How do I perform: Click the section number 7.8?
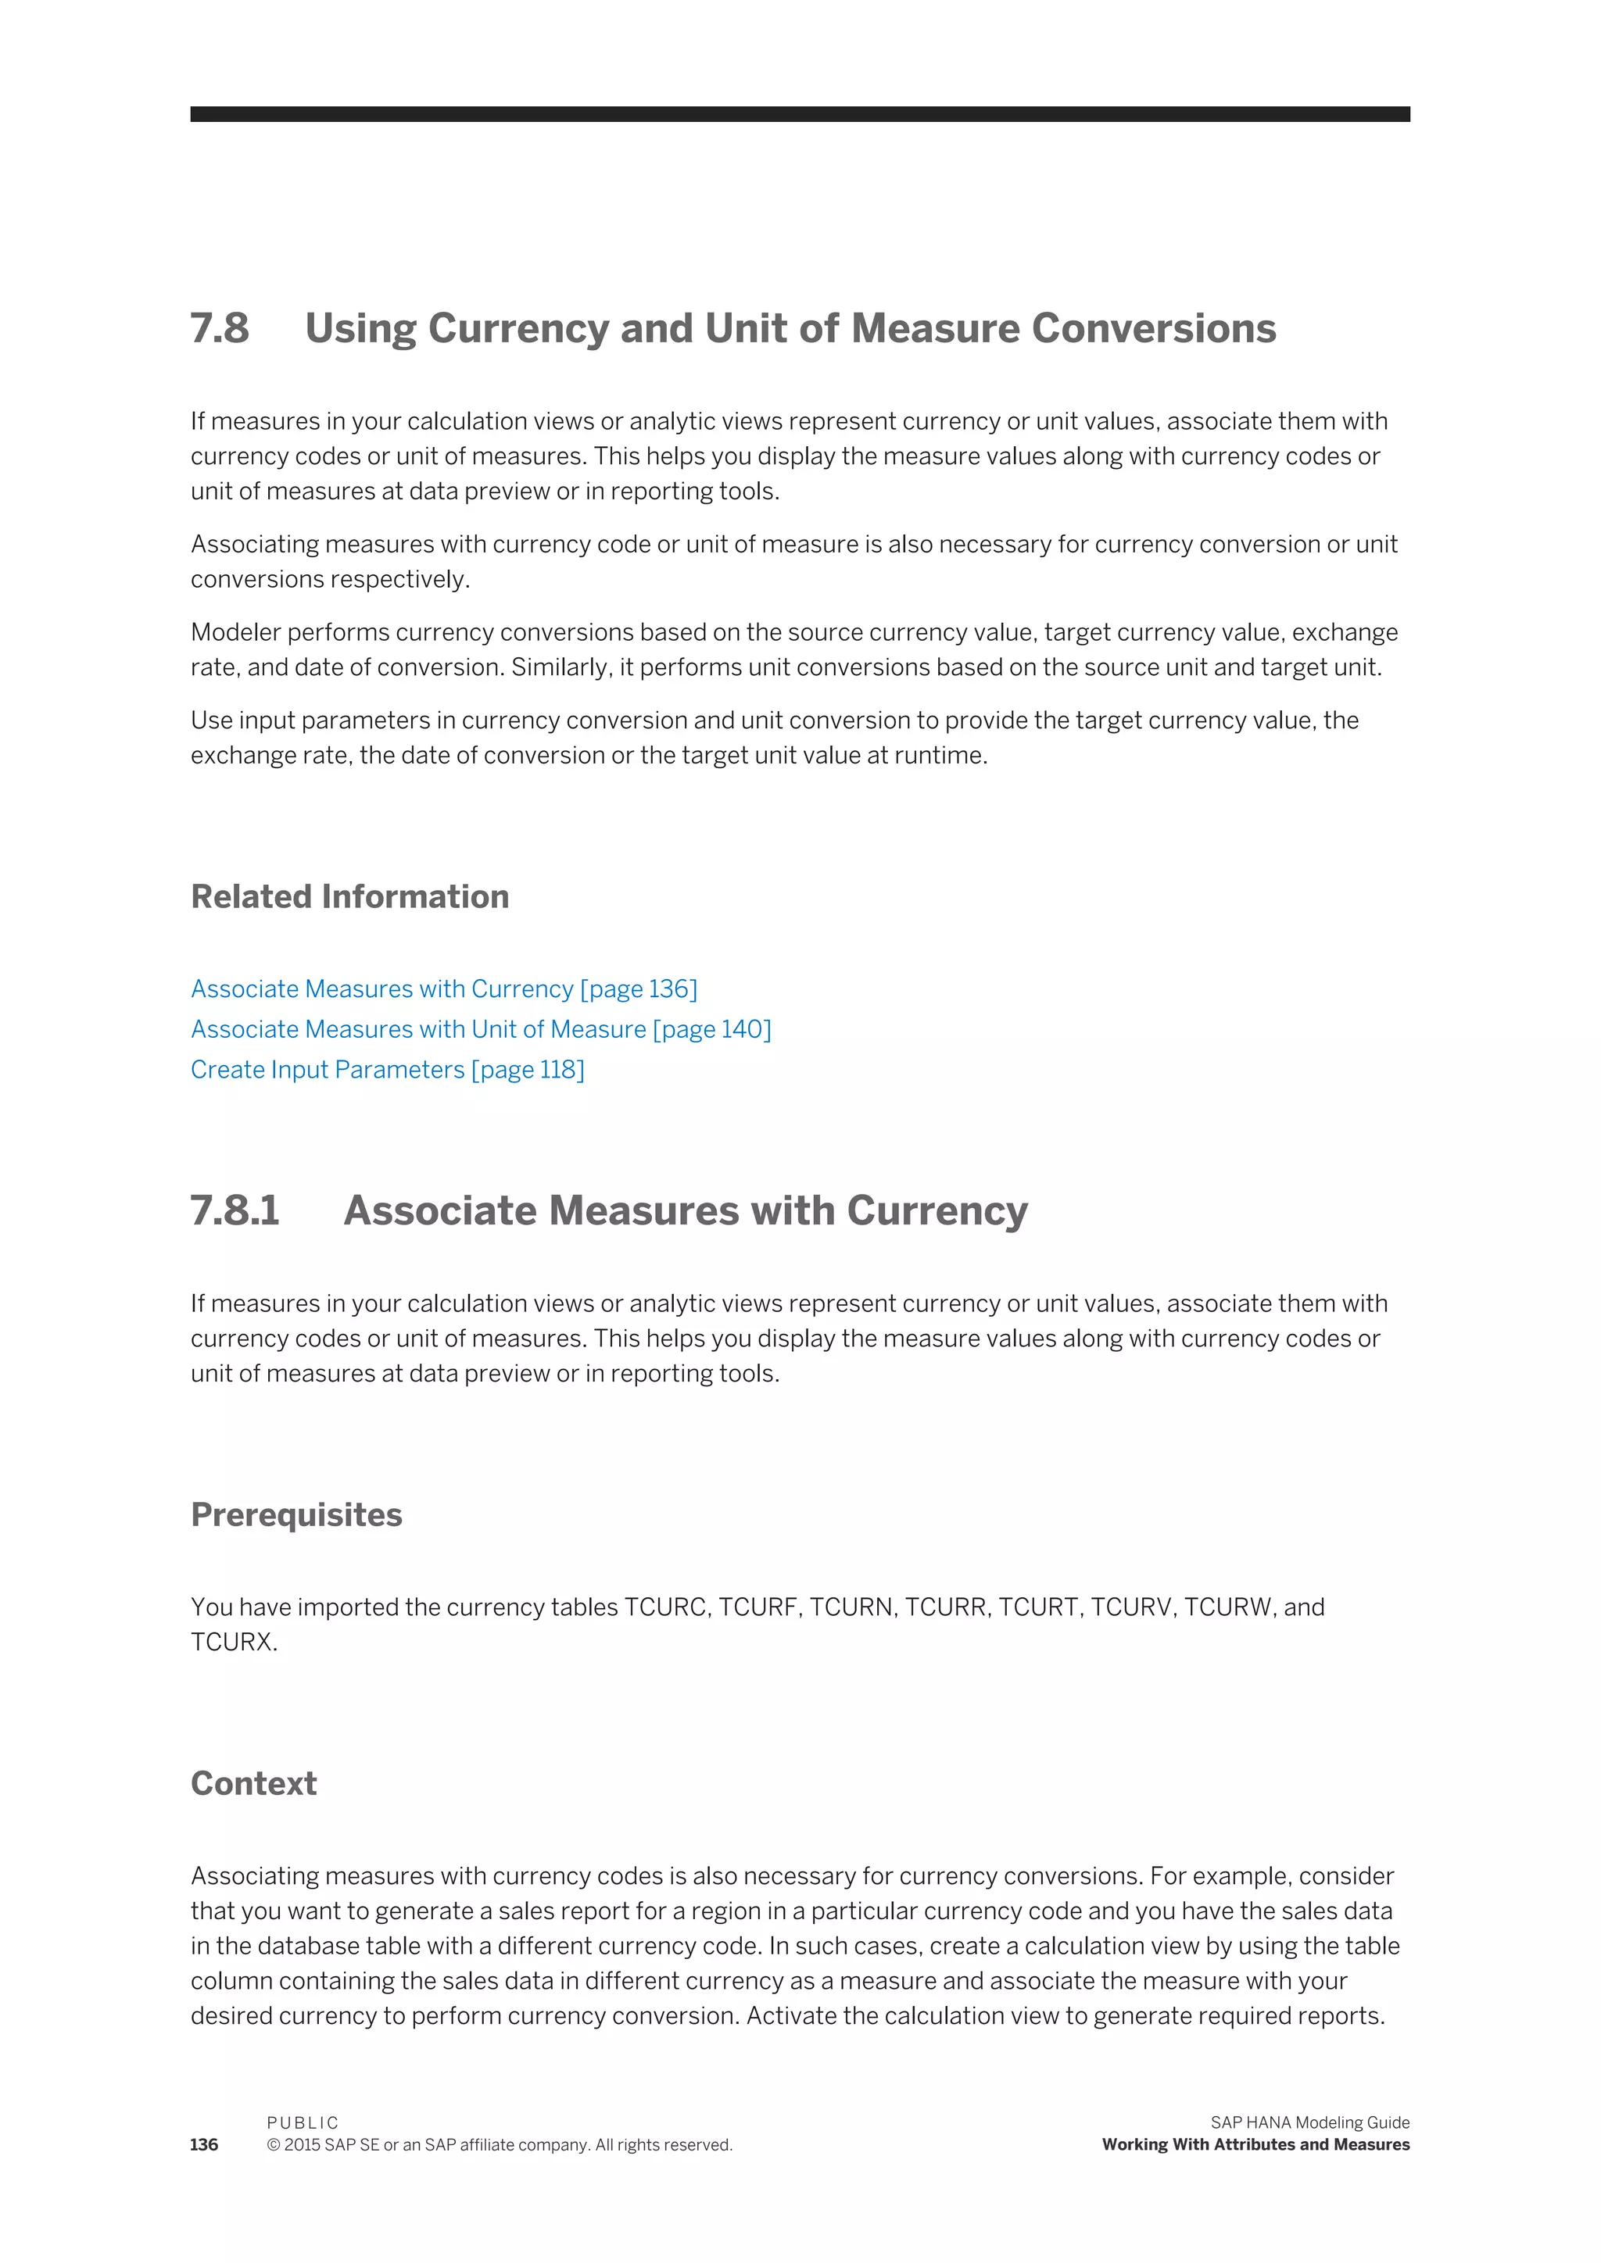coord(219,328)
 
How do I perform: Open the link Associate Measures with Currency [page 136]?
coord(443,988)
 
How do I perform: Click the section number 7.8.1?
coord(235,1210)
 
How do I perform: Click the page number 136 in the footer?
coord(204,2145)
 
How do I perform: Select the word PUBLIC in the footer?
coord(303,2122)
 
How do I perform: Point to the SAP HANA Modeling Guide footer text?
coord(1309,2122)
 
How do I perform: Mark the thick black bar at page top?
coord(800,114)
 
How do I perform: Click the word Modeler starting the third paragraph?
coord(235,632)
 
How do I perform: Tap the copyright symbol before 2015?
coord(273,2145)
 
